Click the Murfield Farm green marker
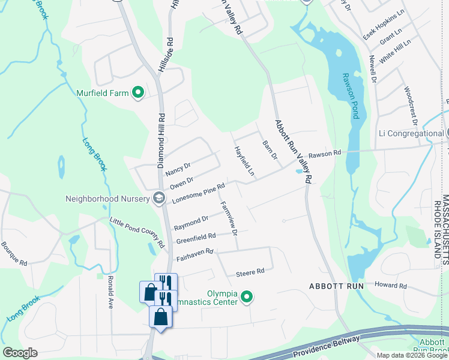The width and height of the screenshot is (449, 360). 138,92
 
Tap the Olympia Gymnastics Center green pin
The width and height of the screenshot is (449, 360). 246,296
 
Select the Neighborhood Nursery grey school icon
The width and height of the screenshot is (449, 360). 159,198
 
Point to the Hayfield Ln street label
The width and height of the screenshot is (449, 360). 244,161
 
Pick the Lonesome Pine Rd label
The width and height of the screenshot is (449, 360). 198,194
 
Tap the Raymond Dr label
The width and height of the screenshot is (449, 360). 191,223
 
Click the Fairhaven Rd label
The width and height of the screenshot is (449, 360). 195,254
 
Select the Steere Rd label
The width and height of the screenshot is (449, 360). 250,272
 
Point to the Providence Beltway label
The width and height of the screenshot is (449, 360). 327,347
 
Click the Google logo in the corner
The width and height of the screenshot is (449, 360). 20,353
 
